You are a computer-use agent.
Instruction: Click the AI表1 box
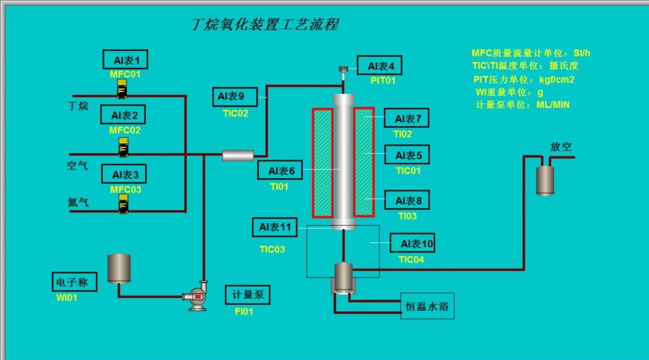tap(125, 59)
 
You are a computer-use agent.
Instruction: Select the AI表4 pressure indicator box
tap(381, 66)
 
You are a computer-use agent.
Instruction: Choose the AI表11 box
tap(275, 227)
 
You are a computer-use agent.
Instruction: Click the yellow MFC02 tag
tap(125, 130)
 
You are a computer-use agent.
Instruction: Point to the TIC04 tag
tap(411, 259)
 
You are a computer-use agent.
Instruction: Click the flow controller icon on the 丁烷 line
tap(123, 89)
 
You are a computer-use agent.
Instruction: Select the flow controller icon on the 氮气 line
tap(124, 203)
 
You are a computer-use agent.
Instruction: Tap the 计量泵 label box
tap(247, 295)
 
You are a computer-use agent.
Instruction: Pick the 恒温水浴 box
tap(427, 307)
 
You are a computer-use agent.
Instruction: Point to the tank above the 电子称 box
tap(119, 268)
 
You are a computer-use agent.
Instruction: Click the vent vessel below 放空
tap(545, 180)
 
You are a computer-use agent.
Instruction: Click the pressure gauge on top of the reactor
tap(343, 70)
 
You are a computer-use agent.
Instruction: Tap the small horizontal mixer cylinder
tap(238, 156)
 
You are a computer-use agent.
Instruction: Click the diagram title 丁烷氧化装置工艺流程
tap(266, 24)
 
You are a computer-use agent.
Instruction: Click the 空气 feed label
tap(77, 166)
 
